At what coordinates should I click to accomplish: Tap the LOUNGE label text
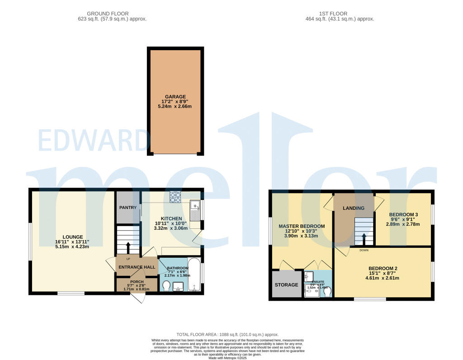(x=72, y=237)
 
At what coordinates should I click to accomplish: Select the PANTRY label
(x=128, y=208)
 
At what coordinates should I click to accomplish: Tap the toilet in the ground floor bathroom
(x=165, y=286)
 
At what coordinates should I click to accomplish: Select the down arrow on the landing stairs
(x=364, y=238)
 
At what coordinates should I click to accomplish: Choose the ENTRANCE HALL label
(x=137, y=267)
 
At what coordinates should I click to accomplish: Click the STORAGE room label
(x=287, y=285)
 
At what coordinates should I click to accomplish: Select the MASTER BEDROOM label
(x=302, y=226)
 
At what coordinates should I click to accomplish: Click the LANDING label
(x=354, y=208)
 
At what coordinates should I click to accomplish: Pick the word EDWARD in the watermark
(x=94, y=141)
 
